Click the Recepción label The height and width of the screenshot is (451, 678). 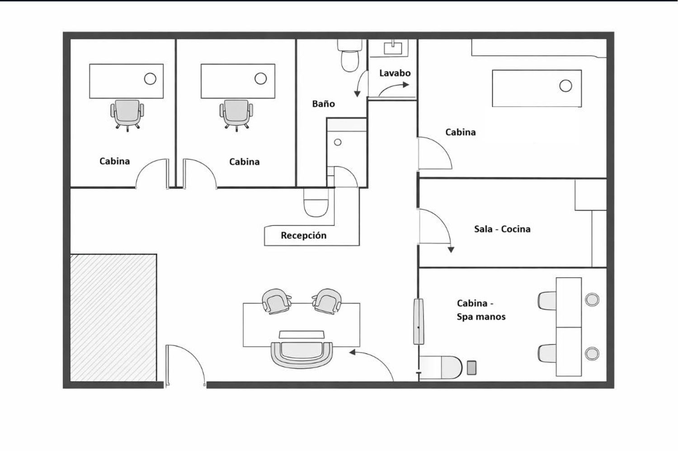pos(304,236)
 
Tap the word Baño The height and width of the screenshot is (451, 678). pos(324,104)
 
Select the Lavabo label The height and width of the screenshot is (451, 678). pos(395,73)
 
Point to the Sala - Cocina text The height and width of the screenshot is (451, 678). pos(502,229)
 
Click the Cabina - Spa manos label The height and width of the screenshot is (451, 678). pos(481,310)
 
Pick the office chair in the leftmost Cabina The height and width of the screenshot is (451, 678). pos(127,115)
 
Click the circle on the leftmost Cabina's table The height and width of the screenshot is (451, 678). pos(150,79)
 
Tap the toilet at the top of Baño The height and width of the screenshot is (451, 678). pos(350,56)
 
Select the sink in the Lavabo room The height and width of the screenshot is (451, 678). pos(393,48)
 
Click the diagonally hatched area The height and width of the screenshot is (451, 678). pos(113,318)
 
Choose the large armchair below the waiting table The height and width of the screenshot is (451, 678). pos(302,355)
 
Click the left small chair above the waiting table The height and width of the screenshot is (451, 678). pos(277,301)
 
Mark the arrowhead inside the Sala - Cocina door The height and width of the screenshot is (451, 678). pos(451,250)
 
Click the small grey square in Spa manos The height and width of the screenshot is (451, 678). pos(471,368)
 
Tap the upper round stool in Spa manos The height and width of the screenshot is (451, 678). pos(592,299)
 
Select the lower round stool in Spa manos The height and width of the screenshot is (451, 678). pos(592,353)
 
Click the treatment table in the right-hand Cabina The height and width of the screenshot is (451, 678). pos(537,89)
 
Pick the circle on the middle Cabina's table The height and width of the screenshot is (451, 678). pos(261,79)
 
